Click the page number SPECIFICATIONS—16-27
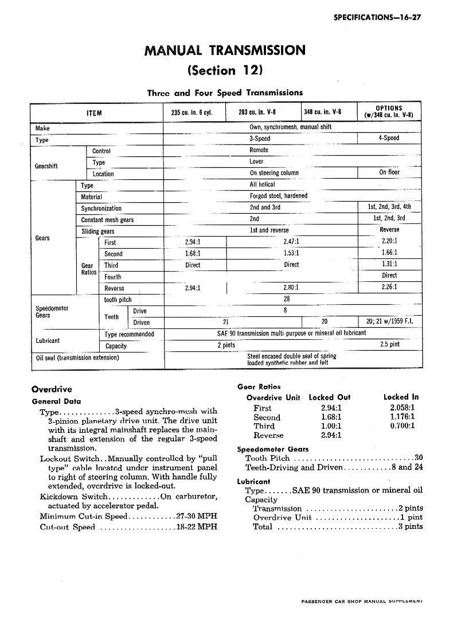point(377,17)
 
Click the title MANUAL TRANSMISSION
point(225,50)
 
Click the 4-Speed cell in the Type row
point(389,138)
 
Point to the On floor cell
point(389,172)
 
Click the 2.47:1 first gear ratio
point(291,242)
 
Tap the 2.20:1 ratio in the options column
point(389,241)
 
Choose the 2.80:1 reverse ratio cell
point(291,287)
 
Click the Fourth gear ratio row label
point(112,277)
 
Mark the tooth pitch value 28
point(287,299)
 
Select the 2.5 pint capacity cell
point(389,345)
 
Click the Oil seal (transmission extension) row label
point(77,358)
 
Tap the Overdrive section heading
point(52,389)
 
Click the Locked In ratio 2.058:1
point(402,408)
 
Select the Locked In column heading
point(401,397)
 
